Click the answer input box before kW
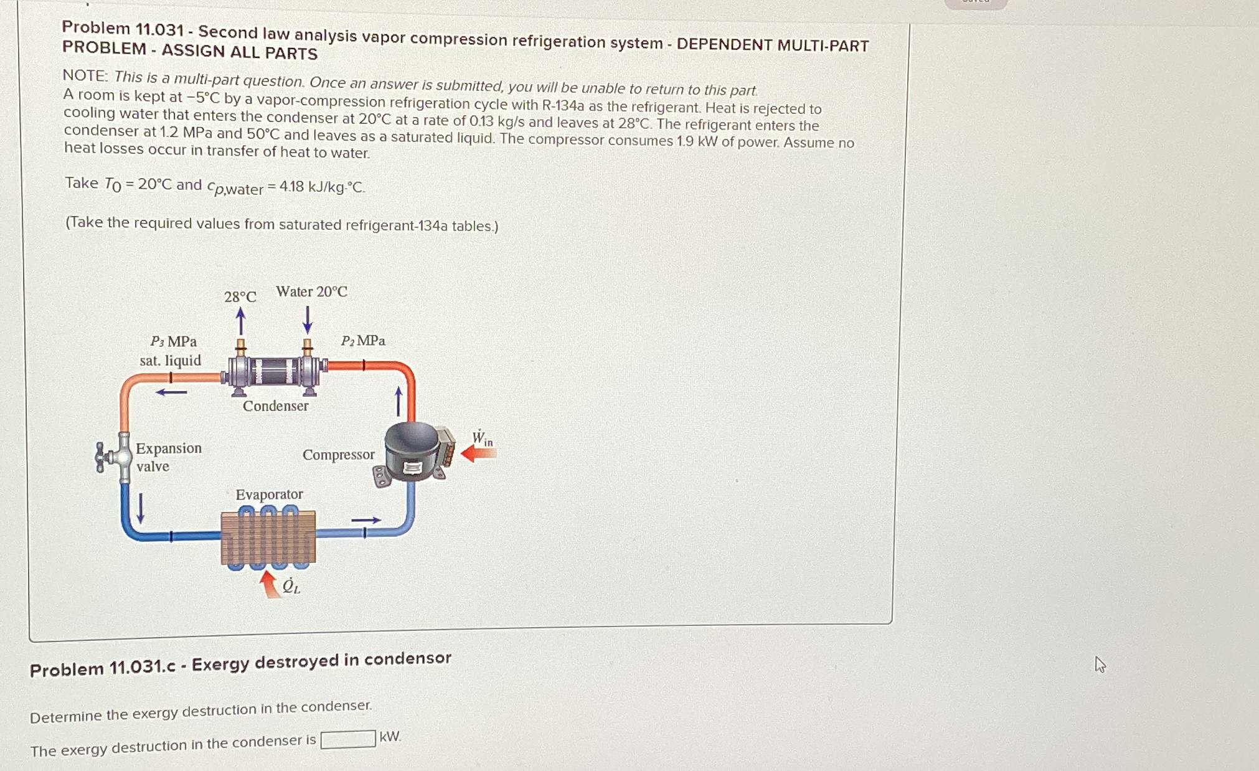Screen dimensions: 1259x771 348,739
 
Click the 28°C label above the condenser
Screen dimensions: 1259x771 240,296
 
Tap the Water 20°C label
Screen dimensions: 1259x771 311,291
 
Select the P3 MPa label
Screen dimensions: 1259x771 174,341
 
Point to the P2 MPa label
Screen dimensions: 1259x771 363,341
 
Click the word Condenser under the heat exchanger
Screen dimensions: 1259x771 276,406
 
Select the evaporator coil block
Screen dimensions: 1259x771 268,537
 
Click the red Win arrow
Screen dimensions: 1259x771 479,454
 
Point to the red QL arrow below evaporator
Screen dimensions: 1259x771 270,584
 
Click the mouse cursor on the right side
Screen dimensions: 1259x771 1100,665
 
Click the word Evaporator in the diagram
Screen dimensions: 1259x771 270,494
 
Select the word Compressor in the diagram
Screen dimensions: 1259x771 339,455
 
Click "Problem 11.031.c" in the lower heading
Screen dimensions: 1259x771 103,669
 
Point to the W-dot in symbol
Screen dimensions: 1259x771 482,438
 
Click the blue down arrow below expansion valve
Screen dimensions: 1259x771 141,508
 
